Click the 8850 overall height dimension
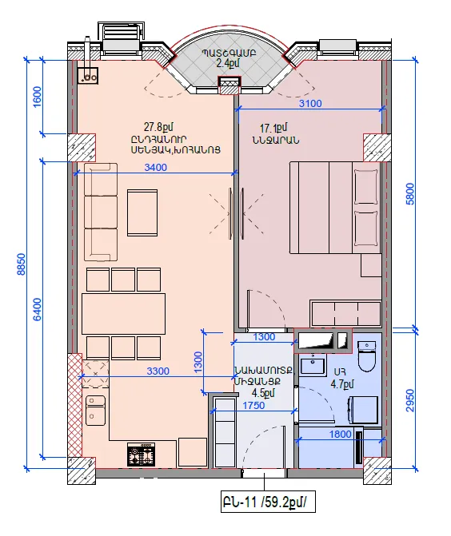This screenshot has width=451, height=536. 22,264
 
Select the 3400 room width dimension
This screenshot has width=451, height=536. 156,168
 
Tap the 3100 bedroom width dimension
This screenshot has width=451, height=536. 310,103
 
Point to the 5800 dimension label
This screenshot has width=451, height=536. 409,194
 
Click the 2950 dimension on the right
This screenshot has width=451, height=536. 409,400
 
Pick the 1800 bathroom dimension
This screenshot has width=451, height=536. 340,434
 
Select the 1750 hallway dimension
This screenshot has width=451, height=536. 253,406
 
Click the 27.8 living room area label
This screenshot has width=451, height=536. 158,127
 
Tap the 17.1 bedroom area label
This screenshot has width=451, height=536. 273,128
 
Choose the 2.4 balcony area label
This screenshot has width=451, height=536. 228,63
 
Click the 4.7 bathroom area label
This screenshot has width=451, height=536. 341,384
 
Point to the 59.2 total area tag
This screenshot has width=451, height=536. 268,502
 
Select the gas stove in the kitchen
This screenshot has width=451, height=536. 141,455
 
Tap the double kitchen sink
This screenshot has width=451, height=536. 95,411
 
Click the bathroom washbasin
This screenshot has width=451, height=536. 313,363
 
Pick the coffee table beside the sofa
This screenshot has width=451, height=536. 142,212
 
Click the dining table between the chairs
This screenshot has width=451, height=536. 123,313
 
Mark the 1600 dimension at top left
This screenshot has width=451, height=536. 38,97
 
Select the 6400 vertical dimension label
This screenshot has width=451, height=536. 38,309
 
